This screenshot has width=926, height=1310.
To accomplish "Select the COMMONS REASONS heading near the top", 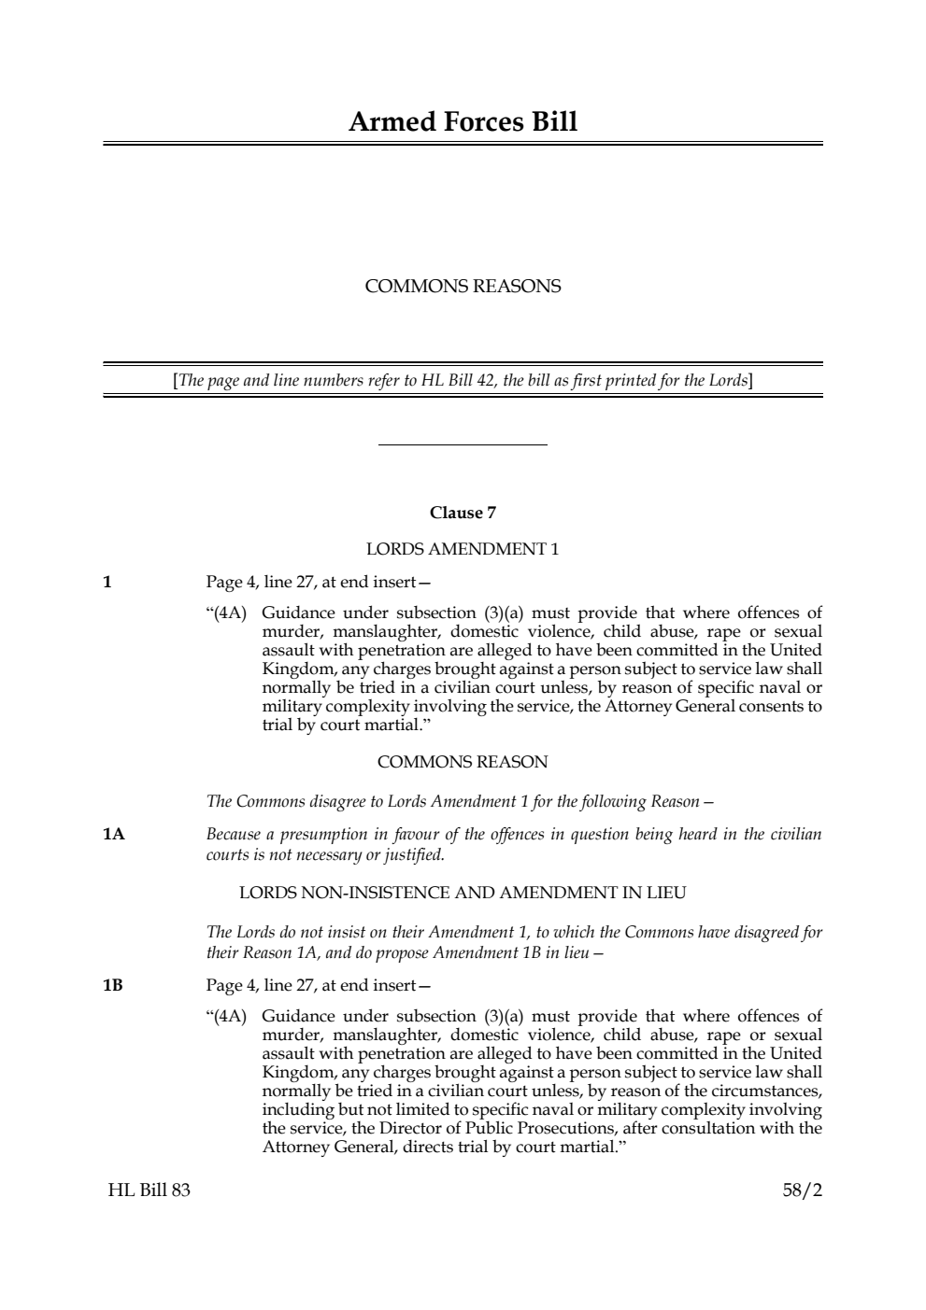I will click(463, 287).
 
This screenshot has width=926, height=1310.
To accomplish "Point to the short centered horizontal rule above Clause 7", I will click(463, 445).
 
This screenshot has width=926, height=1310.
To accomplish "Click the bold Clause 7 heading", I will click(463, 513).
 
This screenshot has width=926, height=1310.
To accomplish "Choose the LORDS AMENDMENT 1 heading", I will click(463, 549).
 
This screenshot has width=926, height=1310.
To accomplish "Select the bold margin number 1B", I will click(113, 985).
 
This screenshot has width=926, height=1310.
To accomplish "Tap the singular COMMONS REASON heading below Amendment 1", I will click(463, 762).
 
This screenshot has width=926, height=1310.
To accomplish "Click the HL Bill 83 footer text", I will click(149, 1190).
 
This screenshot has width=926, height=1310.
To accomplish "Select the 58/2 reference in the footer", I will click(802, 1190).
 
